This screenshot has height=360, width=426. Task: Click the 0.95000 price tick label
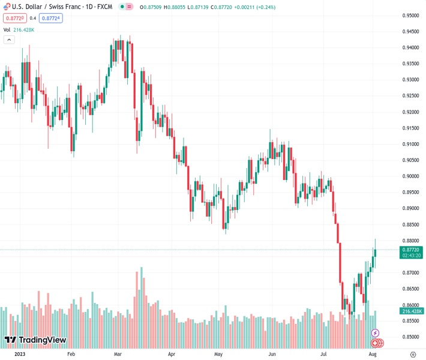(411, 16)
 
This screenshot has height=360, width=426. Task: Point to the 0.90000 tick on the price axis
(411, 176)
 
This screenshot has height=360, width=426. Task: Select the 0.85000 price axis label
(411, 337)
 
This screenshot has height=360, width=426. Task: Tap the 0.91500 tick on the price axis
(411, 128)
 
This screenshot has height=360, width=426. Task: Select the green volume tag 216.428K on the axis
(411, 311)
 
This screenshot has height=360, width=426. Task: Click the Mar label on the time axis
(118, 355)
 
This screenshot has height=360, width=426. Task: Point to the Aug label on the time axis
(373, 355)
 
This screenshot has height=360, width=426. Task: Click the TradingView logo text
(42, 340)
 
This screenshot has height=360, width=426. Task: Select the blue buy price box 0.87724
(51, 18)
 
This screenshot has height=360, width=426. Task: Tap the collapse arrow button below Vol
(9, 40)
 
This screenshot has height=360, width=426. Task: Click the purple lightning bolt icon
(376, 333)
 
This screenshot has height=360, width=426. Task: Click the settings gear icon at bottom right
(413, 355)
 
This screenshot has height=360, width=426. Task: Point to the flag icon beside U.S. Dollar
(7, 6)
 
